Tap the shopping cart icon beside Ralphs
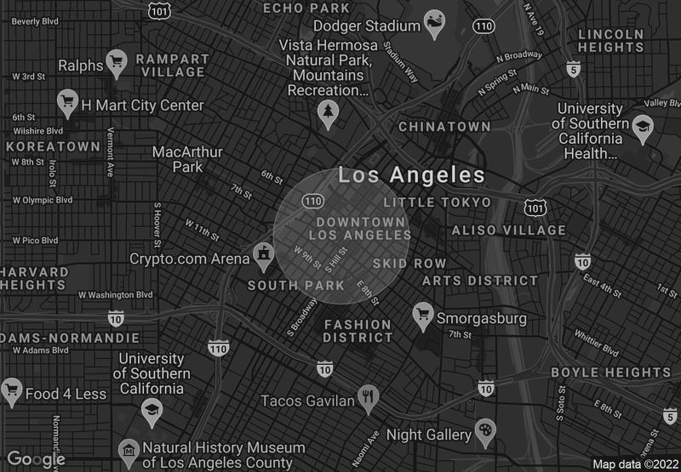(117, 61)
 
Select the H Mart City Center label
(142, 105)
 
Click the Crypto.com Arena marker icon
(264, 253)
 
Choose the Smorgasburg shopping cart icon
(421, 315)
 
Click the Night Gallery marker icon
(485, 429)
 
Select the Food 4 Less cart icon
(11, 390)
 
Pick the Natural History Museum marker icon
(129, 449)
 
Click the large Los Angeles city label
(411, 176)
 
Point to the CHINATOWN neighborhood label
(445, 127)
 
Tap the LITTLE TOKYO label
(438, 202)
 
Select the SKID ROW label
(409, 264)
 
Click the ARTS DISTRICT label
(480, 281)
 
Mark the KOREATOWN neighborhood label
(52, 146)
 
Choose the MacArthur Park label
(187, 159)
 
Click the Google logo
(37, 460)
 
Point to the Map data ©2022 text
(635, 464)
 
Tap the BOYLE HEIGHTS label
(611, 372)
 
